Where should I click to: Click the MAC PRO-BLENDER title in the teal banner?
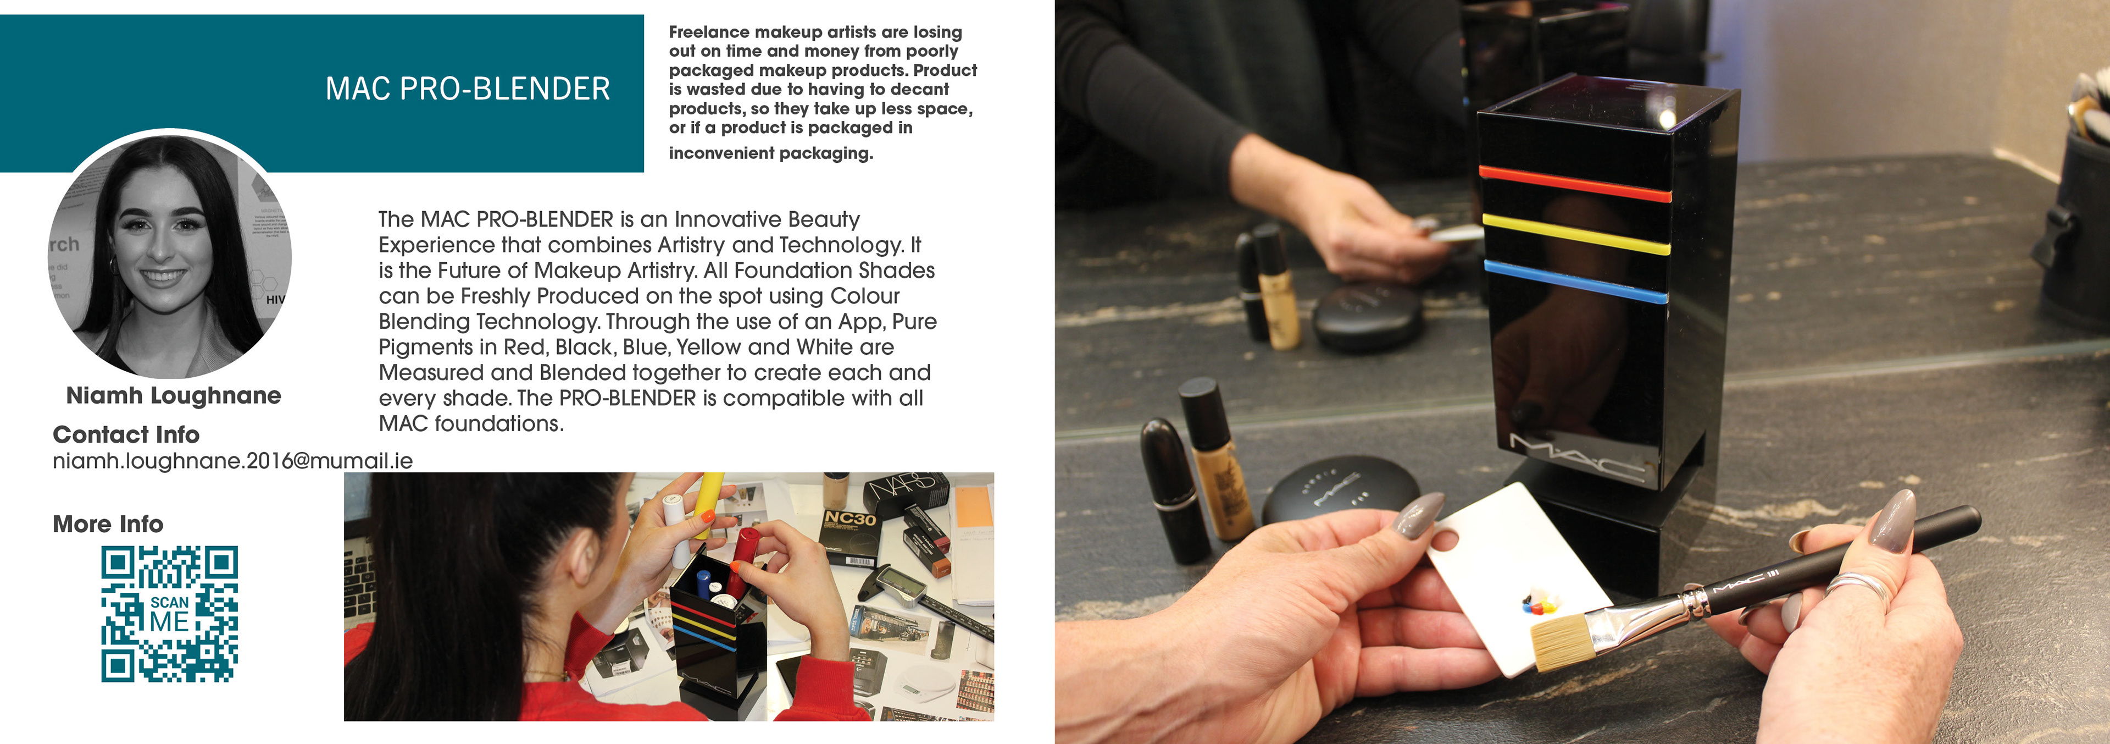468,89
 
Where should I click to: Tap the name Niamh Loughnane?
174,396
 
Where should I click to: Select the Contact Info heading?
126,434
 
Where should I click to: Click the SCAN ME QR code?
170,614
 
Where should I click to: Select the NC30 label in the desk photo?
850,519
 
